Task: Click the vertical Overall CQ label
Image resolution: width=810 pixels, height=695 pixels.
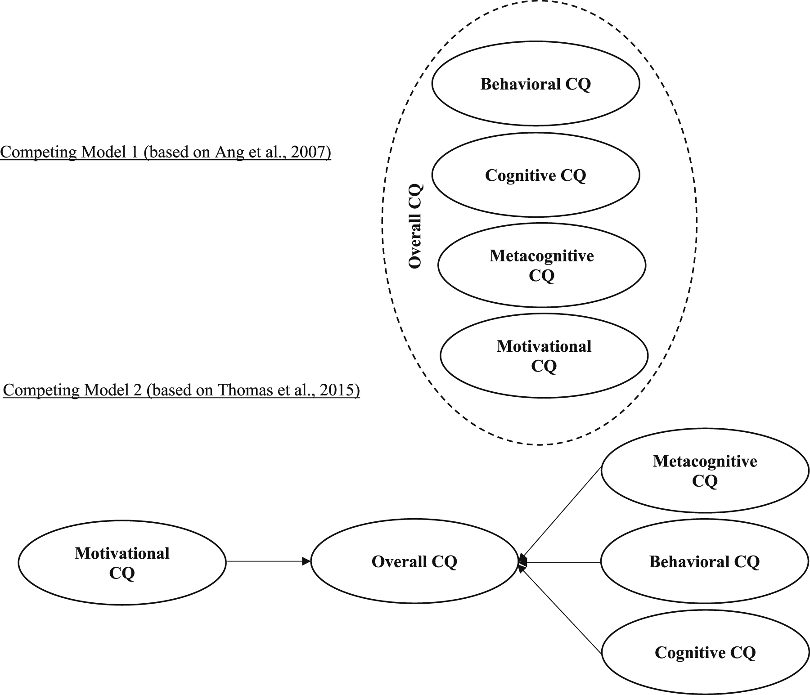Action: point(415,226)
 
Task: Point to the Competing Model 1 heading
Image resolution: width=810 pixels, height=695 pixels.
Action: point(166,152)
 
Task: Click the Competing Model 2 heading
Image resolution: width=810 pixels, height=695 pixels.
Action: point(181,390)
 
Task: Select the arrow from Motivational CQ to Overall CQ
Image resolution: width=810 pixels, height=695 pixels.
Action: point(269,561)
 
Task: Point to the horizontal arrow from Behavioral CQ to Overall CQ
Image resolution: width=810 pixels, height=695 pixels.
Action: point(560,562)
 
